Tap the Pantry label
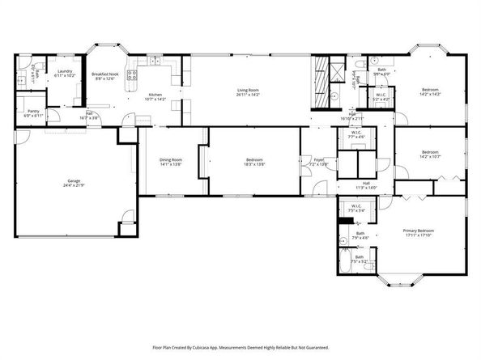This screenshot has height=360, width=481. pos(33,111)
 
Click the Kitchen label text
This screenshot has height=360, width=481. pos(154,95)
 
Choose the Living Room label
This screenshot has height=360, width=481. pos(247,90)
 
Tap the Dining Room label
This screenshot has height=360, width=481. pos(171,159)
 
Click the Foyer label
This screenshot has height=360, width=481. pos(319,159)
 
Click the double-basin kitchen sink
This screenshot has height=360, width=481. pos(150,61)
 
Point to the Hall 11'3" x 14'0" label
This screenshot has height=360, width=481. pos(366,185)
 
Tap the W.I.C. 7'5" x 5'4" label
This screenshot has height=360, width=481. pos(357,209)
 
